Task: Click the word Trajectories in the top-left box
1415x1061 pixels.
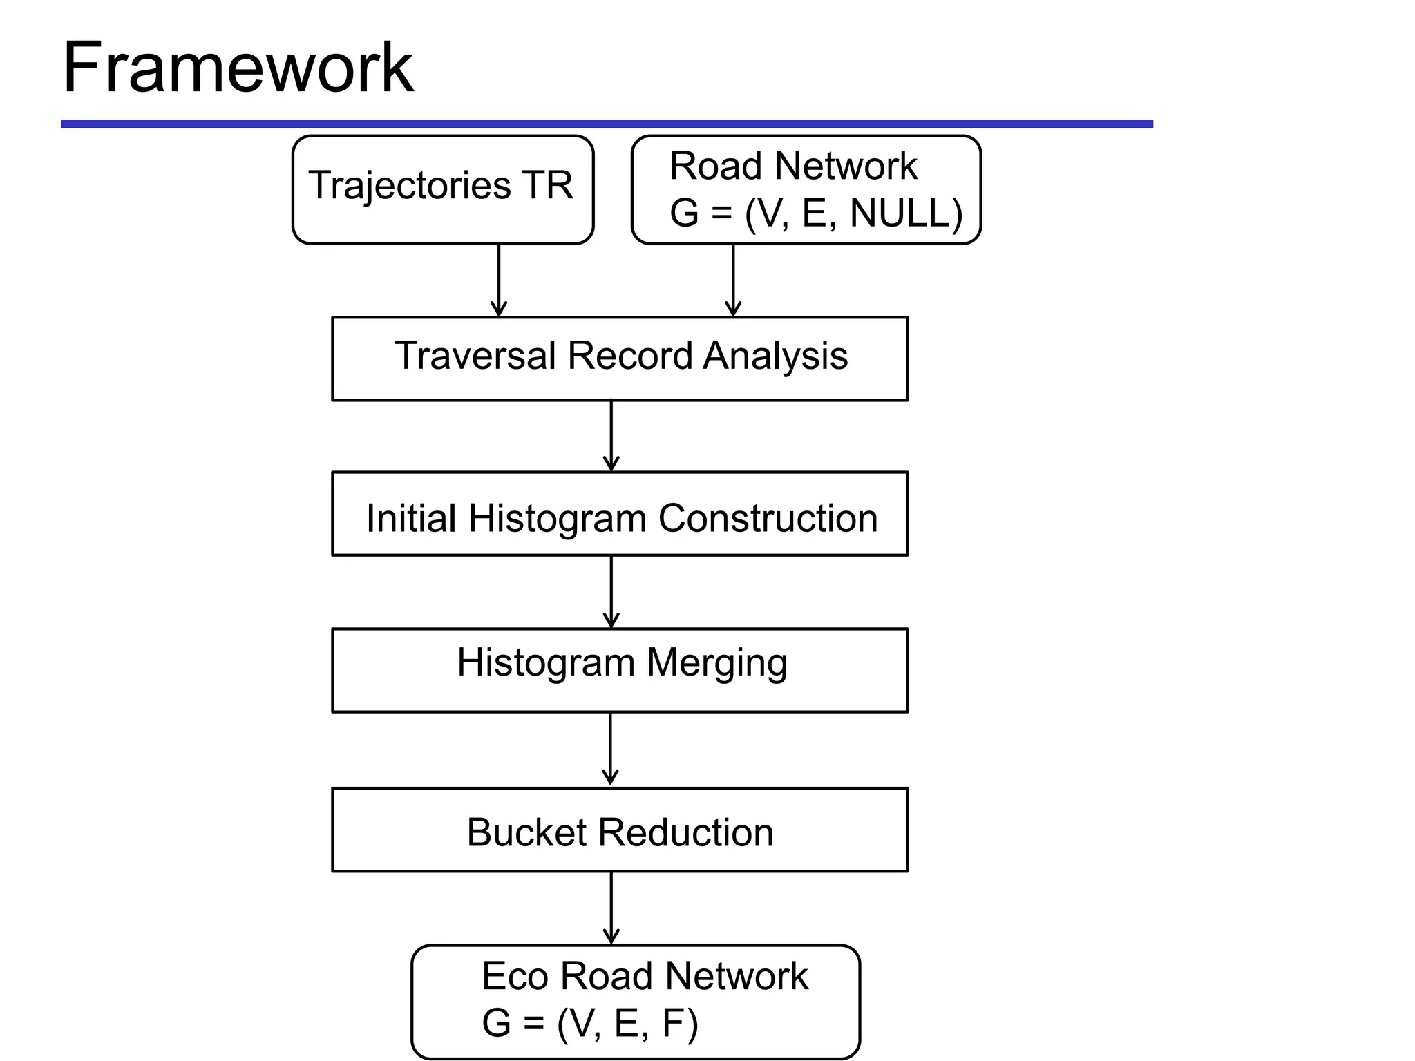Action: coord(409,186)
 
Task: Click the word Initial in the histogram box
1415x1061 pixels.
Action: coord(411,518)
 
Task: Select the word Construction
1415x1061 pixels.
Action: coord(768,518)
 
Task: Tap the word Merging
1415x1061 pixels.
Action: coord(717,663)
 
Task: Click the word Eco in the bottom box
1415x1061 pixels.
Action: coord(514,976)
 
